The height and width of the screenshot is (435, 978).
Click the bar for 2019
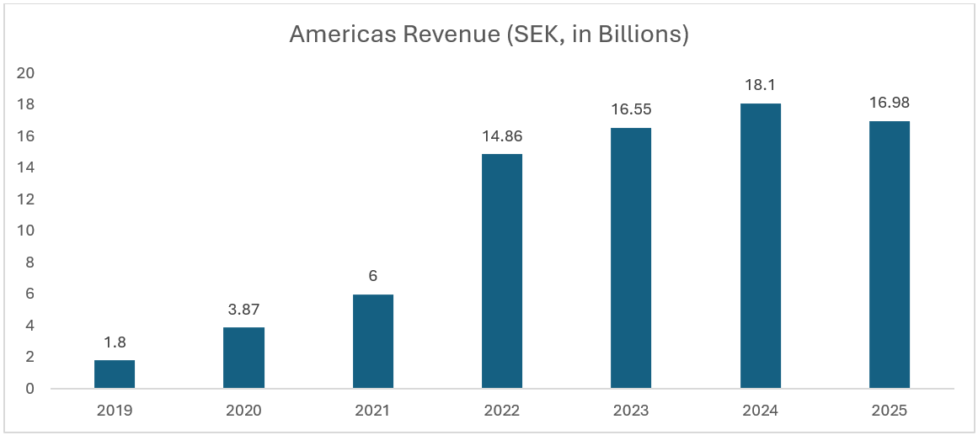tap(115, 374)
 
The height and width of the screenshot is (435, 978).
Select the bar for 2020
tap(243, 358)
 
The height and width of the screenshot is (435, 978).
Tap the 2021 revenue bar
tap(372, 341)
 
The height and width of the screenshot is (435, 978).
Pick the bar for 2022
tap(502, 271)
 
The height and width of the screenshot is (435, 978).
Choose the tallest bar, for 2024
tap(760, 246)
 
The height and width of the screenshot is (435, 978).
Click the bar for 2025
tap(890, 255)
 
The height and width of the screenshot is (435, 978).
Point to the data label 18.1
tap(760, 87)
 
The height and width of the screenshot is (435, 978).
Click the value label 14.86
tap(502, 137)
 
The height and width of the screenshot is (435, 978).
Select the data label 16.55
tap(631, 110)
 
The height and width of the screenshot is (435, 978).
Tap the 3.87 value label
tap(243, 310)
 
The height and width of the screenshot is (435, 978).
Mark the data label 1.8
tap(115, 343)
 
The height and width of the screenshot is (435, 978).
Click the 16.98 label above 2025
tap(890, 103)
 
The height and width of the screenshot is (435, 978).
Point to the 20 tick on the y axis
tap(26, 73)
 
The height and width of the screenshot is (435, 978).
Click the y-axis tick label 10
tap(26, 231)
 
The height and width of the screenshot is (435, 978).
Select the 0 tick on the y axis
tap(30, 389)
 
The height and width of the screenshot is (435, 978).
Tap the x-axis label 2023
tap(631, 411)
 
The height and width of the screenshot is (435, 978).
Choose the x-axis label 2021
tap(372, 411)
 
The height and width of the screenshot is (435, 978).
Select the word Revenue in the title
tap(437, 34)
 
